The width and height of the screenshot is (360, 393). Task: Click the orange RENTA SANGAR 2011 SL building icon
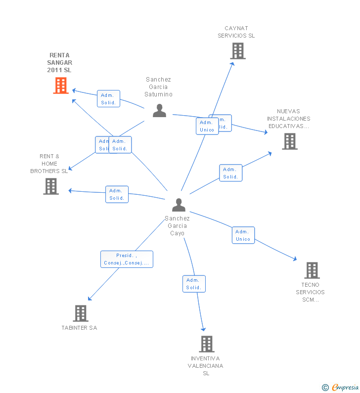[60, 86]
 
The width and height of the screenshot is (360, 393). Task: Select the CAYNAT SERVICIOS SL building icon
[237, 50]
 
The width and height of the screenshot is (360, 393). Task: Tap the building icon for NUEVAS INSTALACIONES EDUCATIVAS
[289, 141]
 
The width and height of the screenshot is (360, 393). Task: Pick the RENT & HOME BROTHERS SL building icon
[50, 186]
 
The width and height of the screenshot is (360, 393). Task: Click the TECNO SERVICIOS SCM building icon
[312, 270]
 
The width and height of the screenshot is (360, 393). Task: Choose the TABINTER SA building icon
[80, 313]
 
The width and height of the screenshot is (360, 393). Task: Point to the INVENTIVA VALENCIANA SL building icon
[206, 344]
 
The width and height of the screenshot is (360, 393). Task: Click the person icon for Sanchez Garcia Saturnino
[159, 110]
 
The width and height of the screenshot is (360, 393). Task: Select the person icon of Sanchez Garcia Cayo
[179, 204]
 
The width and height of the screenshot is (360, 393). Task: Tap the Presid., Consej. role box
[127, 259]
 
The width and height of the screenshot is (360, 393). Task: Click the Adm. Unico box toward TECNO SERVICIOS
[243, 235]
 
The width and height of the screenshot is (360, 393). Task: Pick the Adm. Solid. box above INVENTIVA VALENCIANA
[193, 284]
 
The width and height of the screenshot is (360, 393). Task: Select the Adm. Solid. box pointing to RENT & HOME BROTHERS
[117, 194]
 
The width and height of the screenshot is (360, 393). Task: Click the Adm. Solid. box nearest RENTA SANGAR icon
[108, 99]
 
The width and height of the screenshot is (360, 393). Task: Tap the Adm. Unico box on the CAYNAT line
[207, 126]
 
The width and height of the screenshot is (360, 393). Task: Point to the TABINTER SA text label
[79, 328]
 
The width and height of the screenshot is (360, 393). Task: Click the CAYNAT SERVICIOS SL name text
[236, 32]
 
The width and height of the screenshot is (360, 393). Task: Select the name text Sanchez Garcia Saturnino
[158, 87]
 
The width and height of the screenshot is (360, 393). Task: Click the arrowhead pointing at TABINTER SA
[90, 298]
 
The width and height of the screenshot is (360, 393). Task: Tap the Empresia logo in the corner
[340, 387]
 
